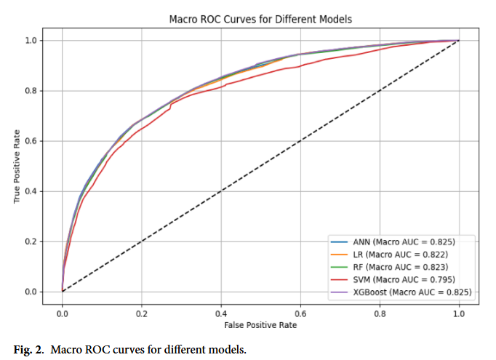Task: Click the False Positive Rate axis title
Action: pyautogui.click(x=260, y=325)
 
